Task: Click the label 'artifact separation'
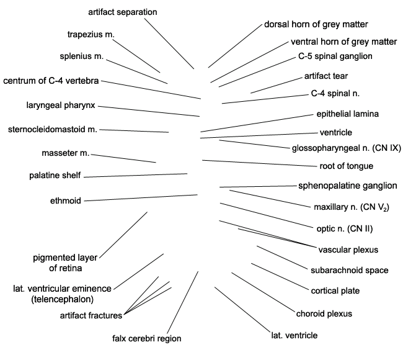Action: [x=123, y=12]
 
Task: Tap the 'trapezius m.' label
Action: [x=91, y=35]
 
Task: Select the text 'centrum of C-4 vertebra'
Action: [x=51, y=81]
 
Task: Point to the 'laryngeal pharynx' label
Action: [x=61, y=106]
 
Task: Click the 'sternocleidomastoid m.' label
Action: [x=53, y=129]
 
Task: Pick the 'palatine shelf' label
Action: [x=55, y=176]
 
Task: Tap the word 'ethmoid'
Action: [x=66, y=200]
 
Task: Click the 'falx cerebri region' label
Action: [x=147, y=338]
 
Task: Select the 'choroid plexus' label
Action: [x=324, y=313]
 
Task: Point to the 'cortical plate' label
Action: [x=335, y=290]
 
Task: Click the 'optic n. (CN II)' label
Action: [x=345, y=229]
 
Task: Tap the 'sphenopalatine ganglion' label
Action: [x=348, y=186]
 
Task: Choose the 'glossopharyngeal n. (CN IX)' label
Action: [x=347, y=148]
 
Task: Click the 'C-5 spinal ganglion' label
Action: [x=335, y=56]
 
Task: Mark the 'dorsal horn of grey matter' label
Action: [x=316, y=24]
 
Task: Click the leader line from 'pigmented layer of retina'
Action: [x=123, y=235]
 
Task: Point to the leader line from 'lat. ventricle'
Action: [x=242, y=310]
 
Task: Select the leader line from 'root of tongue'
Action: [x=260, y=163]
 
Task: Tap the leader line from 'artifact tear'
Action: [x=277, y=85]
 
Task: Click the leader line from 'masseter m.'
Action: [x=123, y=158]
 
